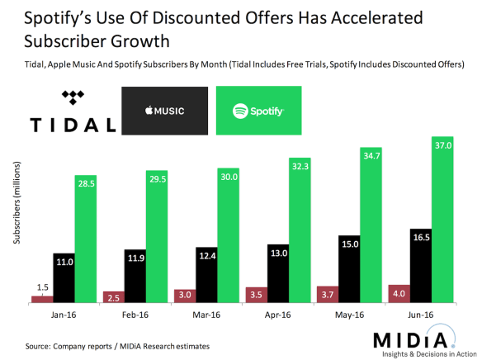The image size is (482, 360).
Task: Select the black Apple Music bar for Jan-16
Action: pos(65,277)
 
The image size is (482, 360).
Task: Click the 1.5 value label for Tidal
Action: pos(42,287)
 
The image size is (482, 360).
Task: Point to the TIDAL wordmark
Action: pos(73,125)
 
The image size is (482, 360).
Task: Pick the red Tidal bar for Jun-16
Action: pos(398,293)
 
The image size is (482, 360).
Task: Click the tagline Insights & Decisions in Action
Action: pos(418,353)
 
